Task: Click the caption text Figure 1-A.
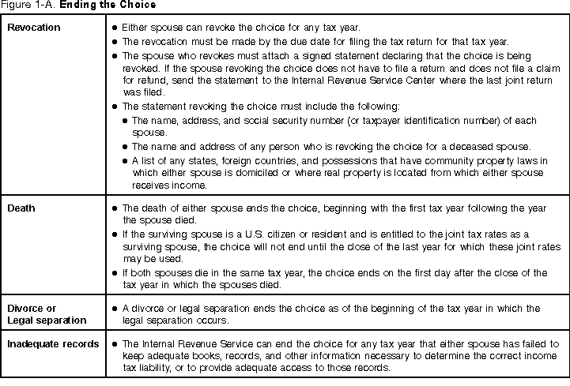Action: pyautogui.click(x=23, y=6)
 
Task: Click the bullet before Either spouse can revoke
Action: pyautogui.click(x=115, y=28)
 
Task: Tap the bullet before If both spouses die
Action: pyautogui.click(x=115, y=272)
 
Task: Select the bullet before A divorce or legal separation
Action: pyautogui.click(x=115, y=306)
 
